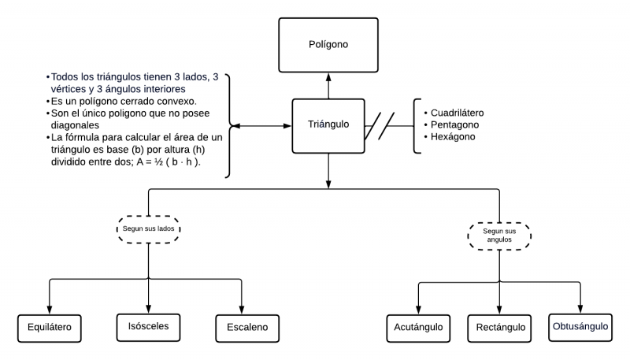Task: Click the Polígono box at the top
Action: [328, 45]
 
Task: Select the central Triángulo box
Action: [328, 125]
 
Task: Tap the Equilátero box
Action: [50, 327]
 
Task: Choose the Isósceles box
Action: [148, 325]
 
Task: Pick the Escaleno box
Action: [243, 327]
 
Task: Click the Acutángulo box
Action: [418, 327]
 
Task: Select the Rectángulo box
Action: [500, 327]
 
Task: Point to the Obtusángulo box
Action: [581, 326]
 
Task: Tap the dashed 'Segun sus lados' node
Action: [148, 228]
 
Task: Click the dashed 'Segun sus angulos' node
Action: [500, 235]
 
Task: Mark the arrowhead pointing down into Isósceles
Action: [148, 307]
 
